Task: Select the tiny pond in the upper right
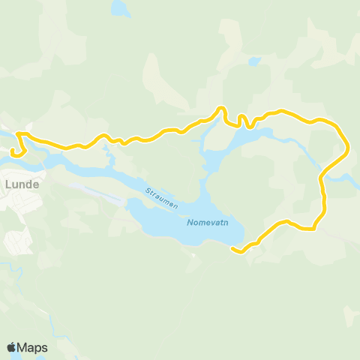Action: [254, 60]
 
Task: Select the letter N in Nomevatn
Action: [189, 222]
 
